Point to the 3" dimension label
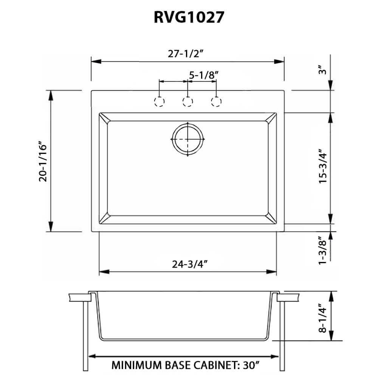click(x=322, y=71)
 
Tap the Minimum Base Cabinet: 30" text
click(x=185, y=366)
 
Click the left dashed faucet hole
click(x=160, y=102)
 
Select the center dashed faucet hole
click(x=188, y=102)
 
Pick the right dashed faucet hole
click(x=216, y=102)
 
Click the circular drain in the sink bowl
click(x=188, y=139)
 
